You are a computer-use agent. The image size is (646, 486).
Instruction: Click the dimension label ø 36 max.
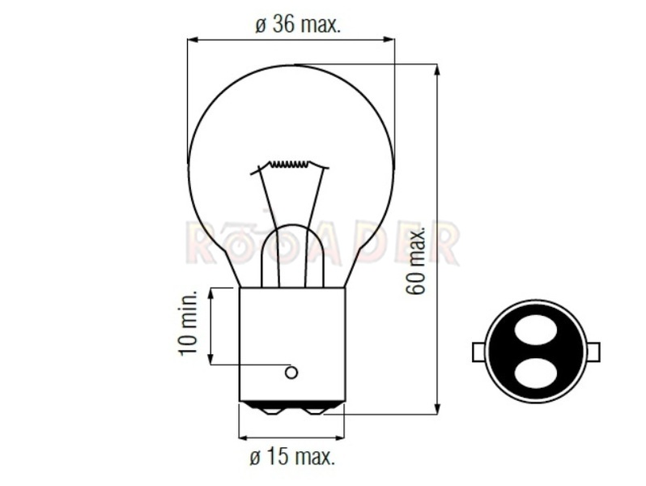pyautogui.click(x=297, y=24)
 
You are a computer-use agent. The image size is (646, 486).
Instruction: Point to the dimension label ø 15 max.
pyautogui.click(x=292, y=458)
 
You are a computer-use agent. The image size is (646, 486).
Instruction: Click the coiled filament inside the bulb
pyautogui.click(x=290, y=164)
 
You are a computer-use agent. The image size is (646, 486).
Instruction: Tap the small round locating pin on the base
pyautogui.click(x=291, y=373)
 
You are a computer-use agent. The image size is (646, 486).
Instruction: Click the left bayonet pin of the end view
pyautogui.click(x=478, y=352)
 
